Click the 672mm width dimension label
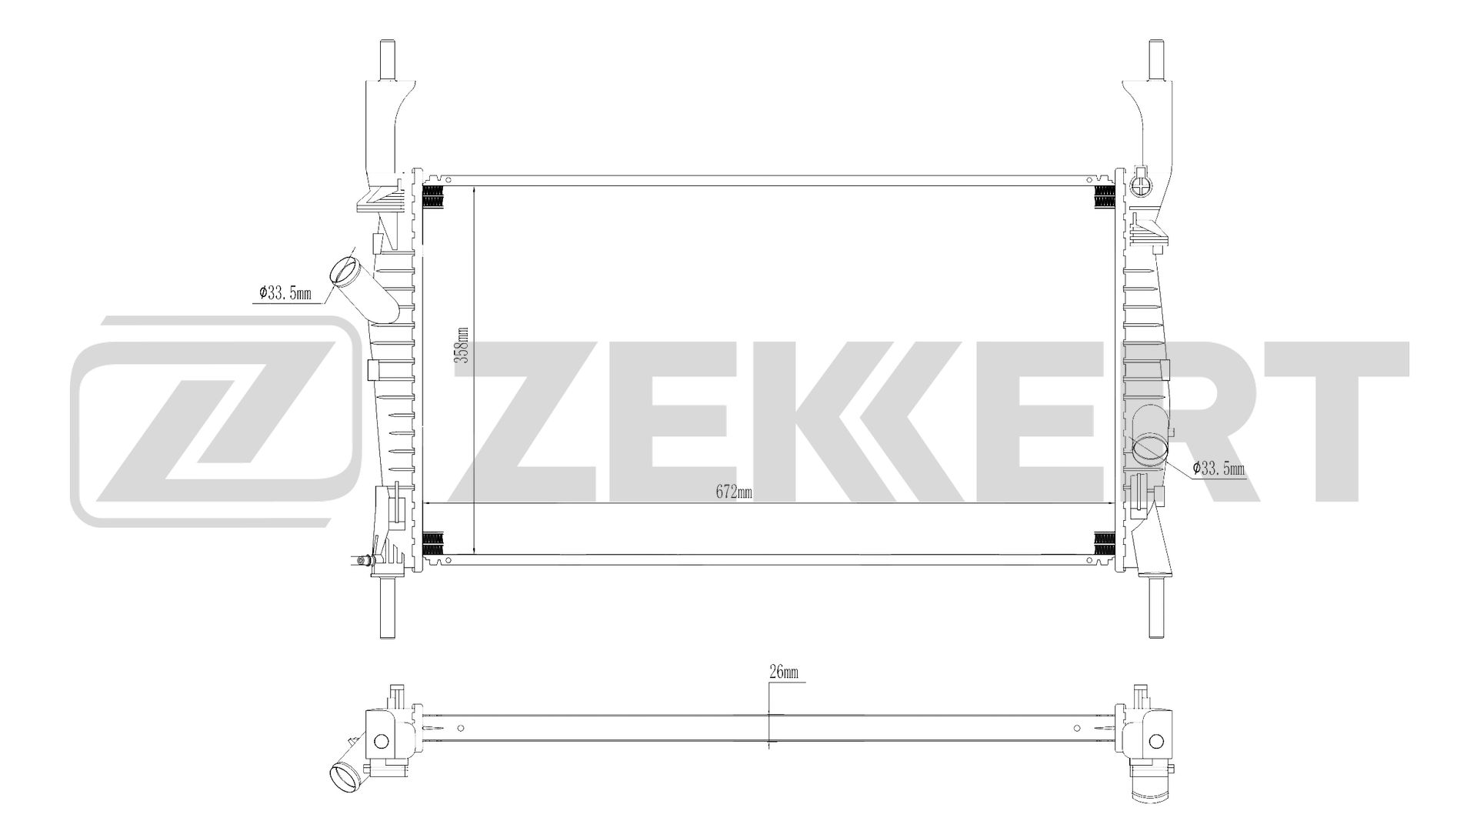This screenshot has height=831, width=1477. coord(733,493)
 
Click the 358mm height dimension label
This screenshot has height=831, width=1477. coord(462,345)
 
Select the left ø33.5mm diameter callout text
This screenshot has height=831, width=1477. coord(285,293)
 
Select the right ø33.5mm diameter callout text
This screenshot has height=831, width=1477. coord(1219,468)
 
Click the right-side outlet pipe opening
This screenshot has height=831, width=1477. coord(1150,449)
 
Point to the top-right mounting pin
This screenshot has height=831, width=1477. coord(1155,58)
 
